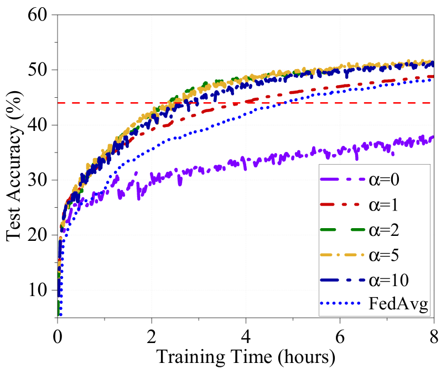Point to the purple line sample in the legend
click(x=343, y=180)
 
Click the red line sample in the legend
click(x=343, y=204)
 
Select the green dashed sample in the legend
click(x=343, y=229)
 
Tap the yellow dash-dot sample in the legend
click(x=343, y=255)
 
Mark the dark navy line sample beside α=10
click(x=343, y=280)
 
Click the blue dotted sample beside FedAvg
click(x=343, y=304)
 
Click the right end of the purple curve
click(x=432, y=137)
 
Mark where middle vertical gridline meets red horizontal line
click(x=245, y=103)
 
